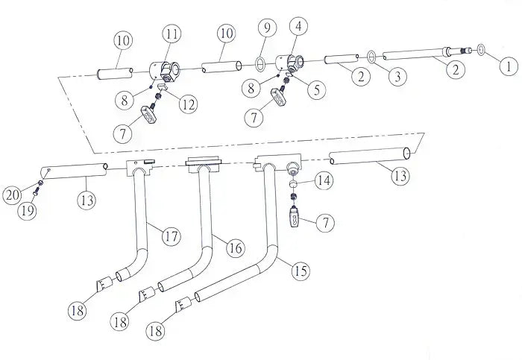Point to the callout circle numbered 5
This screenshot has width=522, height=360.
(x=317, y=90)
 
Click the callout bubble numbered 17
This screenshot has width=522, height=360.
(x=171, y=237)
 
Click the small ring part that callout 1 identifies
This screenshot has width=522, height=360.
(x=482, y=50)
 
